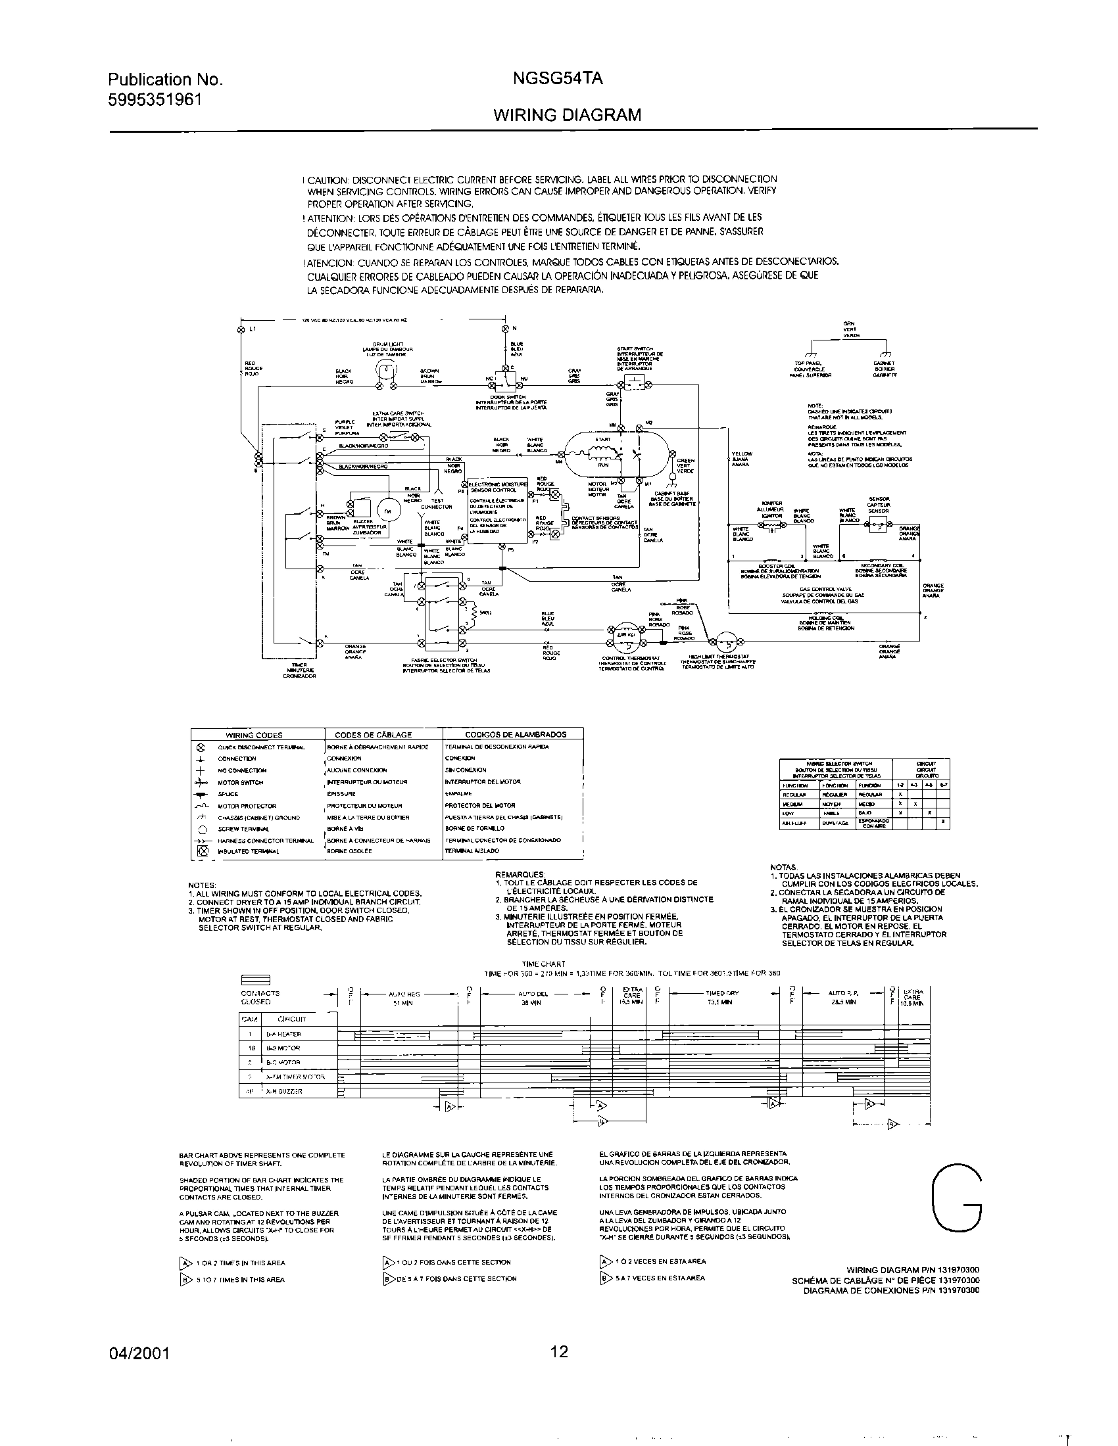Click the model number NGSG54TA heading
(557, 80)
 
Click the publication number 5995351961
(155, 99)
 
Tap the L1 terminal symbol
(241, 329)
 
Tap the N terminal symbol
(504, 329)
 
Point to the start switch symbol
(633, 380)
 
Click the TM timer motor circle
(388, 511)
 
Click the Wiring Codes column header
(255, 735)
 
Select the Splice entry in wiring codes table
(228, 794)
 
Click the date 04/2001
(138, 1353)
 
